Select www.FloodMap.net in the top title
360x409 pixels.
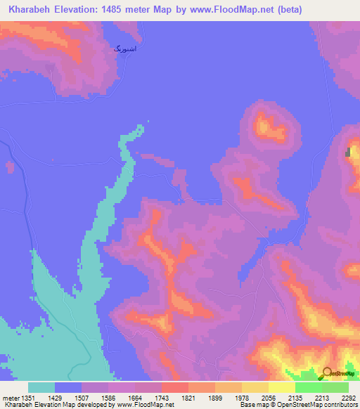pos(249,9)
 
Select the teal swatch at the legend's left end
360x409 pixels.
pos(41,387)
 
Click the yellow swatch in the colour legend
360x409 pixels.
pos(281,387)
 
